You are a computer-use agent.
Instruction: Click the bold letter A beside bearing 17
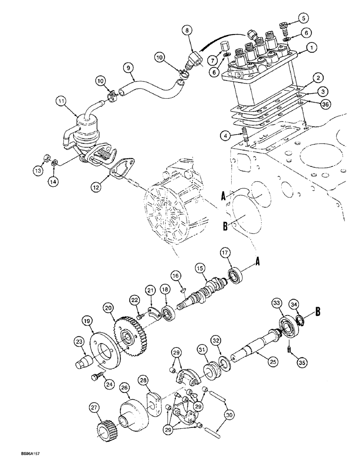[256, 263]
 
